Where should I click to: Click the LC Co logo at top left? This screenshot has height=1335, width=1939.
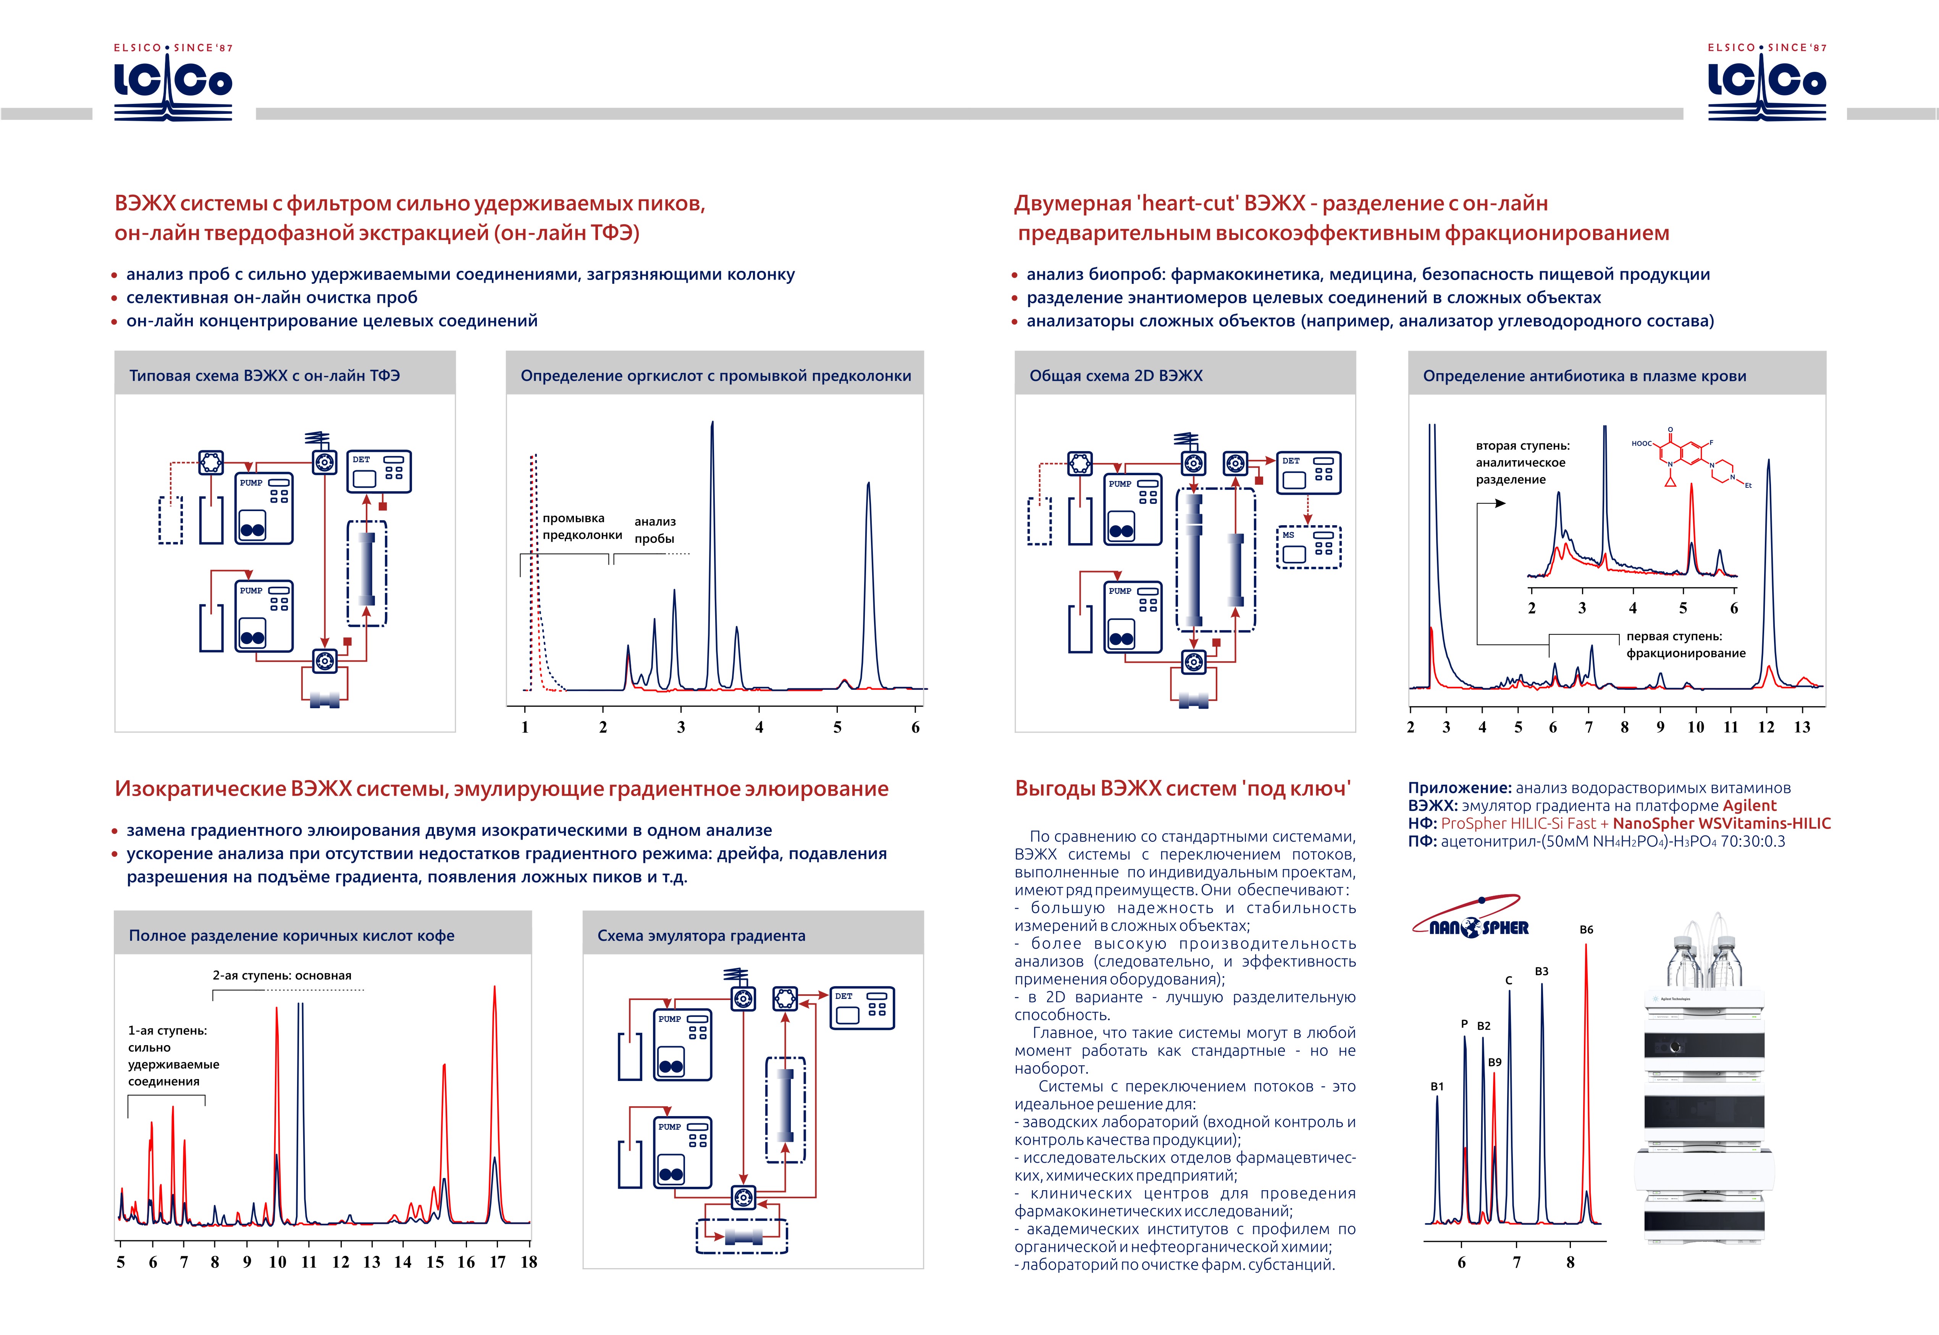coord(173,82)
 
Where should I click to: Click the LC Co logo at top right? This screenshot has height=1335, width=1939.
coord(1767,82)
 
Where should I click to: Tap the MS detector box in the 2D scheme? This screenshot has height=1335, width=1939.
coord(1309,547)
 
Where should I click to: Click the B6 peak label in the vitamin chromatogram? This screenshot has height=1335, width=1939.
coord(1586,929)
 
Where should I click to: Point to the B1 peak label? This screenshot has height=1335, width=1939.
coord(1436,1087)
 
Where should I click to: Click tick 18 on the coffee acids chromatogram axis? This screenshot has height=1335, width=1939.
coord(528,1262)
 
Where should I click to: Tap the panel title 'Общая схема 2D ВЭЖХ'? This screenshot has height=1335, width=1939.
coord(1115,375)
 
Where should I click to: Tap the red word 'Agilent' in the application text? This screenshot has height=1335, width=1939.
coord(1749,806)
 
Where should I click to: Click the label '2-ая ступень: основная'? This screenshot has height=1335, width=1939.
coord(282,975)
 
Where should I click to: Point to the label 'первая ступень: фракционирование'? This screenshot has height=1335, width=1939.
coord(1685,645)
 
